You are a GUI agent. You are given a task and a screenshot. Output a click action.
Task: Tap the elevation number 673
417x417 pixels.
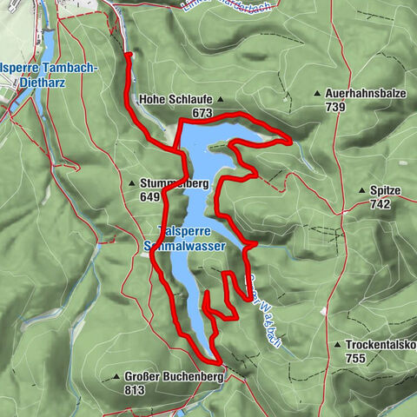(x=202, y=113)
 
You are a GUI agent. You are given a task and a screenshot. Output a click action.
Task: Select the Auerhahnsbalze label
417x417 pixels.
(x=363, y=92)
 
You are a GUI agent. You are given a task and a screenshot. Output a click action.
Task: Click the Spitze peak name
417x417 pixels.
(x=383, y=189)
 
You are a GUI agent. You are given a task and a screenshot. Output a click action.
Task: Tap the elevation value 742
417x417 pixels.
(x=381, y=204)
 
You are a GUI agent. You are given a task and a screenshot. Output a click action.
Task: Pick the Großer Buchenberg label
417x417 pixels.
(x=173, y=377)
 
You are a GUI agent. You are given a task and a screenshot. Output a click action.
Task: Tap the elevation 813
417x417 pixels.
(x=134, y=390)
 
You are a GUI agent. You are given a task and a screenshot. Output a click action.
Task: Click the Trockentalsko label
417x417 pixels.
(x=379, y=344)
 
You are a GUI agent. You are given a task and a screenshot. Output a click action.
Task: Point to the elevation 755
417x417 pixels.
(x=355, y=358)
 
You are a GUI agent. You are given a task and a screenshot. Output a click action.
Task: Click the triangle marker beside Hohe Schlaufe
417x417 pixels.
(x=221, y=99)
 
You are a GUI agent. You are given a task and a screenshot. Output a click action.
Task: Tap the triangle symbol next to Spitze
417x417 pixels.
(x=362, y=189)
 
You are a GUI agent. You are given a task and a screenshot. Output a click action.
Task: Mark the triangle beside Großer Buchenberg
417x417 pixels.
(x=116, y=377)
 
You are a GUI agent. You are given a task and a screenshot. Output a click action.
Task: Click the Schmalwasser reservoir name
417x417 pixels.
(x=182, y=246)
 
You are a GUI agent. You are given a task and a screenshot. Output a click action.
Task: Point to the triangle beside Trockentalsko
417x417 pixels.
(x=336, y=344)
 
